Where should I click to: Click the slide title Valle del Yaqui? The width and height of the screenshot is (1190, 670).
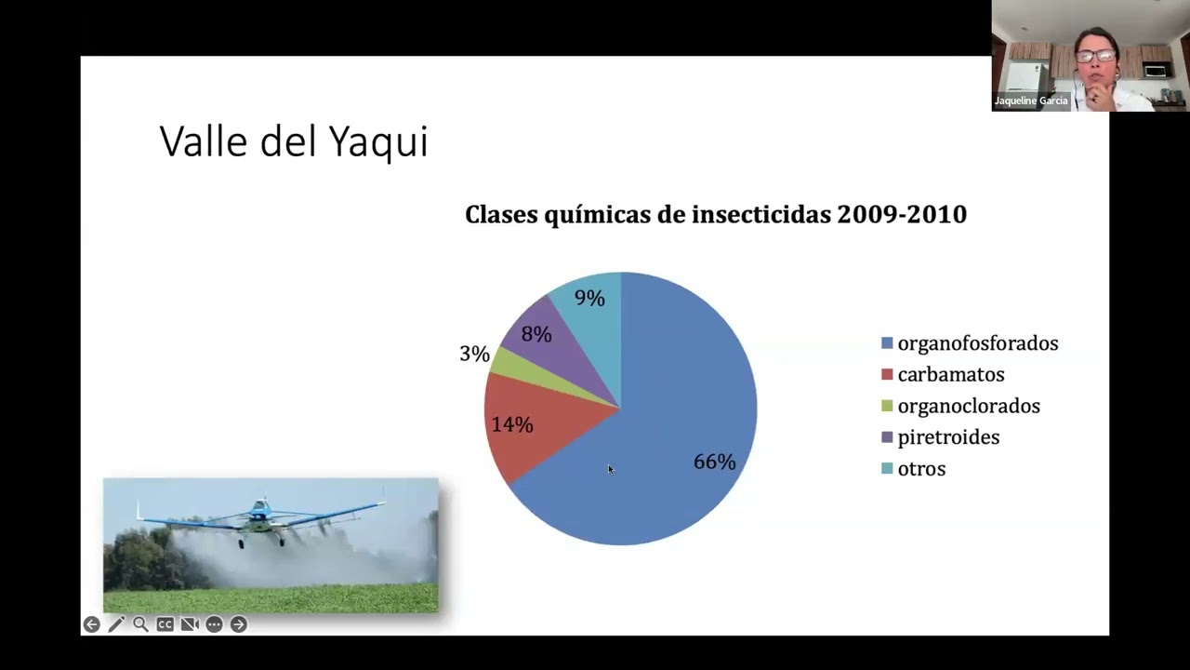point(294,141)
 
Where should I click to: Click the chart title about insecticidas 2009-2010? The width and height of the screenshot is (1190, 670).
point(715,214)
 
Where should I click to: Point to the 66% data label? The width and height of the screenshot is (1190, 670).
point(714,462)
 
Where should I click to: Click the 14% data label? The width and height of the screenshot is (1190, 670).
point(512,424)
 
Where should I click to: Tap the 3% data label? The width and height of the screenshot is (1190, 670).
point(474,354)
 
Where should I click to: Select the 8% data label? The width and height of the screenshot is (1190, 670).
point(536,334)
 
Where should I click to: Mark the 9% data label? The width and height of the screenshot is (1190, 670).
point(589,298)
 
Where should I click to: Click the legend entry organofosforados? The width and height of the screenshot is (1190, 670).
point(977,343)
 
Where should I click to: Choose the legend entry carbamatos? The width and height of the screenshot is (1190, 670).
point(950,374)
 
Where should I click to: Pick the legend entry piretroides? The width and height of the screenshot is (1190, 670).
point(948,437)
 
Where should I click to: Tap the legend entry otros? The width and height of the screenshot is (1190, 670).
point(921,469)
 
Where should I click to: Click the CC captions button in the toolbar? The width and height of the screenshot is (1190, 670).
point(165,624)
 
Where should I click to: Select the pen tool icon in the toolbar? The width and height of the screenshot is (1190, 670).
point(116,624)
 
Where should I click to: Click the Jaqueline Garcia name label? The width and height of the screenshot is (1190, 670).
point(1031,100)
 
